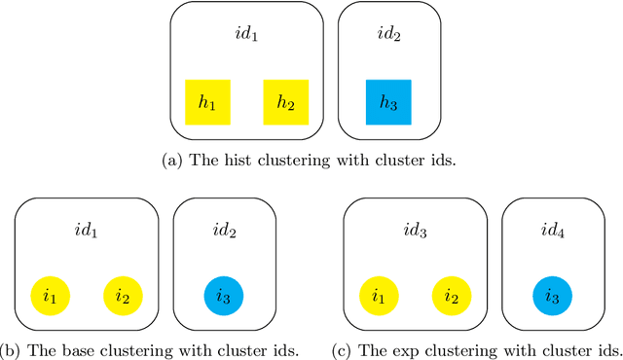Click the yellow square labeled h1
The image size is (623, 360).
207,102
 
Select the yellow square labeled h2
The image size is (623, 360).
286,102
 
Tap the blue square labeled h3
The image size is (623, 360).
388,102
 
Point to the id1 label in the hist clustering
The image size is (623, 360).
247,36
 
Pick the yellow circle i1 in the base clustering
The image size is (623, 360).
50,295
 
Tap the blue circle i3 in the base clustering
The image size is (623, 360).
223,295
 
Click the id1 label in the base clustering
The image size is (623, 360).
86,232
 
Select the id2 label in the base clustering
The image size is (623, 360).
223,232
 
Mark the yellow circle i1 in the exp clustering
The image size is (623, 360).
379,295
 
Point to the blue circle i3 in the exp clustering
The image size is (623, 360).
552,295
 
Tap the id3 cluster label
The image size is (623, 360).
415,232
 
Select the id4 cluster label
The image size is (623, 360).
552,232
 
